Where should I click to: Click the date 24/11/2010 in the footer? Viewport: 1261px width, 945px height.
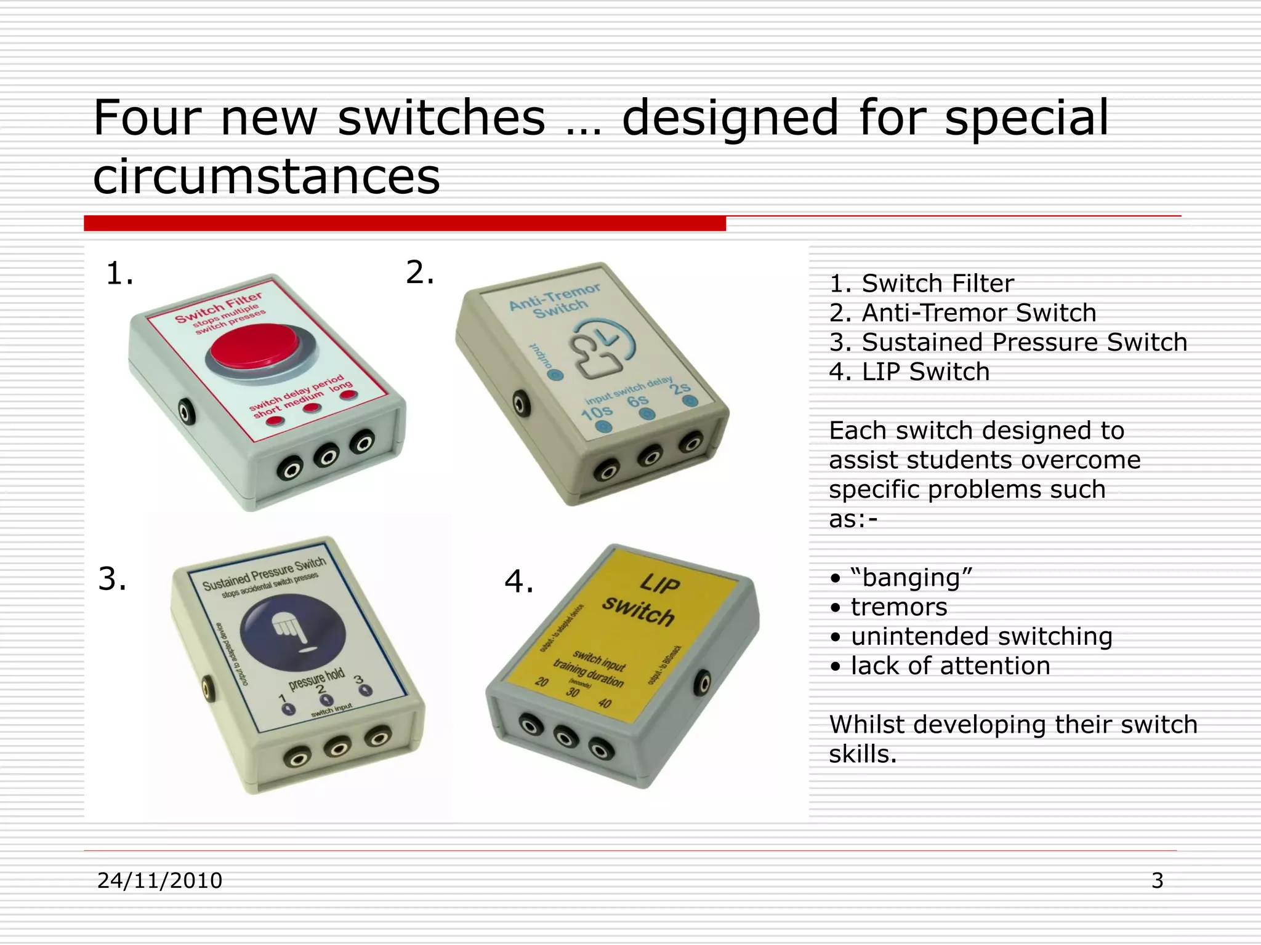[160, 880]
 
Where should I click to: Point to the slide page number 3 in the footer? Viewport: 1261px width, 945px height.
[1157, 880]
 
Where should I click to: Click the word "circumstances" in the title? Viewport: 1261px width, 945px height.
[267, 176]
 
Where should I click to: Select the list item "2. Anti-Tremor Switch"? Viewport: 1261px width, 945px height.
[962, 313]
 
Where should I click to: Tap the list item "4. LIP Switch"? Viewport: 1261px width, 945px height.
[909, 372]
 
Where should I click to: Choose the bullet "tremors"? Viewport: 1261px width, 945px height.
[898, 607]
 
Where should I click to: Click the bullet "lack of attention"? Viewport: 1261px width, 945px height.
[950, 666]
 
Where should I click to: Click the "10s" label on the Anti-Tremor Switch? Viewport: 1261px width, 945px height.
[596, 412]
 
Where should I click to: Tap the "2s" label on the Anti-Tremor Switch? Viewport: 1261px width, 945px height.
[680, 388]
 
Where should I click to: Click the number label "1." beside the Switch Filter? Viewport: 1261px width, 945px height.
[119, 273]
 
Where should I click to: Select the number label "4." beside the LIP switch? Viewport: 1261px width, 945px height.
[518, 581]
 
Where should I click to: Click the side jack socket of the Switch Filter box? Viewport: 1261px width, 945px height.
[187, 411]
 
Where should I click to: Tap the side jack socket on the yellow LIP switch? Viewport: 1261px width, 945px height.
[702, 684]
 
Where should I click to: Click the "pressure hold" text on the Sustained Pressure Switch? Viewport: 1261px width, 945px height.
[316, 679]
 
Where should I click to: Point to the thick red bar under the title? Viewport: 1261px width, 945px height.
[405, 223]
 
